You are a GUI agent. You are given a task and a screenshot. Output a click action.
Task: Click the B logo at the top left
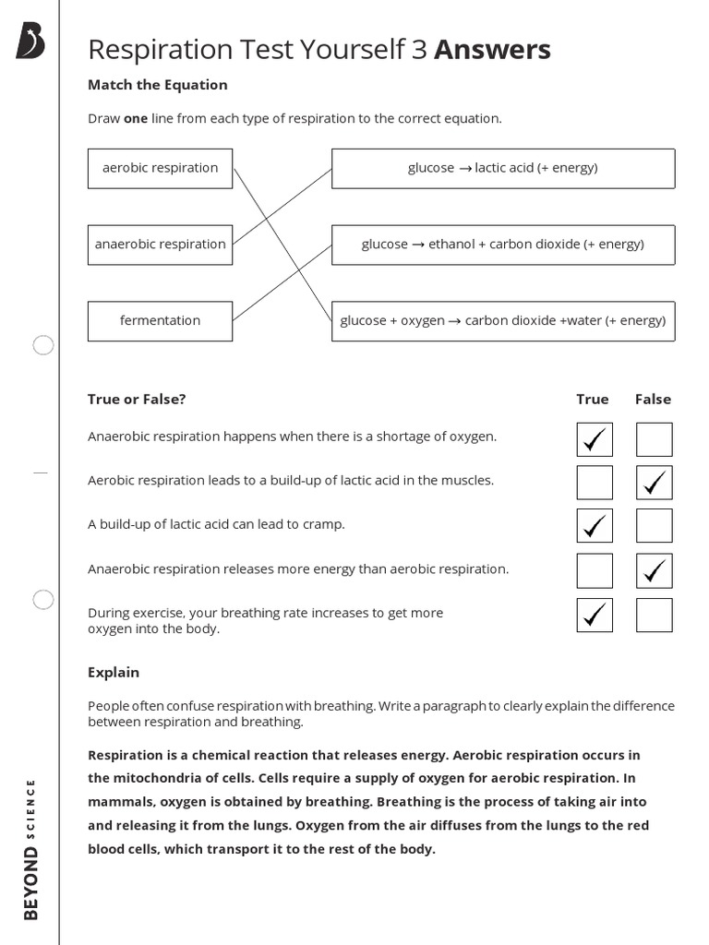click(30, 42)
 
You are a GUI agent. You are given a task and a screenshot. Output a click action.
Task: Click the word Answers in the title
click(492, 49)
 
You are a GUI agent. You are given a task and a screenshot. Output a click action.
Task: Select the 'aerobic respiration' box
click(160, 168)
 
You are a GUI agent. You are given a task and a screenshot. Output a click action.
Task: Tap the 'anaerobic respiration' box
click(160, 245)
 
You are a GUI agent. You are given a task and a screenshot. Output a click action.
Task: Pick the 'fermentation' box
click(160, 321)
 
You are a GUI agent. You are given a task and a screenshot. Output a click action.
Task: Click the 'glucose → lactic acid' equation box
click(503, 168)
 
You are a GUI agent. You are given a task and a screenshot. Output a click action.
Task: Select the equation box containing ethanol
click(503, 245)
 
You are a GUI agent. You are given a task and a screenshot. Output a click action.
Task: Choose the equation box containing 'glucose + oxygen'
click(503, 321)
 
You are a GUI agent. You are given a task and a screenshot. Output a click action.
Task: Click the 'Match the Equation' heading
click(157, 85)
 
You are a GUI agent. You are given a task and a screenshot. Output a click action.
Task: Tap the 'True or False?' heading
click(137, 400)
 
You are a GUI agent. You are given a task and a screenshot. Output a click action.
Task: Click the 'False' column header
click(653, 400)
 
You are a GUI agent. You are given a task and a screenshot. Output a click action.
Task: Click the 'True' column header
click(593, 400)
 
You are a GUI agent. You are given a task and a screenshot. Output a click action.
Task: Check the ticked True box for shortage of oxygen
click(595, 439)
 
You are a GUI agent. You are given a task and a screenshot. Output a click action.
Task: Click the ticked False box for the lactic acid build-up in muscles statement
click(655, 483)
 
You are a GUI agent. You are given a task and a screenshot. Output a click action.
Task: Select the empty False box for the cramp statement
click(655, 526)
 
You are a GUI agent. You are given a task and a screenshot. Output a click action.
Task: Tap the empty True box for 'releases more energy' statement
click(595, 570)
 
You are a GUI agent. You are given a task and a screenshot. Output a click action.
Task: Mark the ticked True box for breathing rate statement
click(595, 615)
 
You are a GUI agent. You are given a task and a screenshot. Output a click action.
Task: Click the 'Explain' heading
click(114, 673)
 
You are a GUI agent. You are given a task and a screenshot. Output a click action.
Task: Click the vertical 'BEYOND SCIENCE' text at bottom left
click(31, 849)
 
